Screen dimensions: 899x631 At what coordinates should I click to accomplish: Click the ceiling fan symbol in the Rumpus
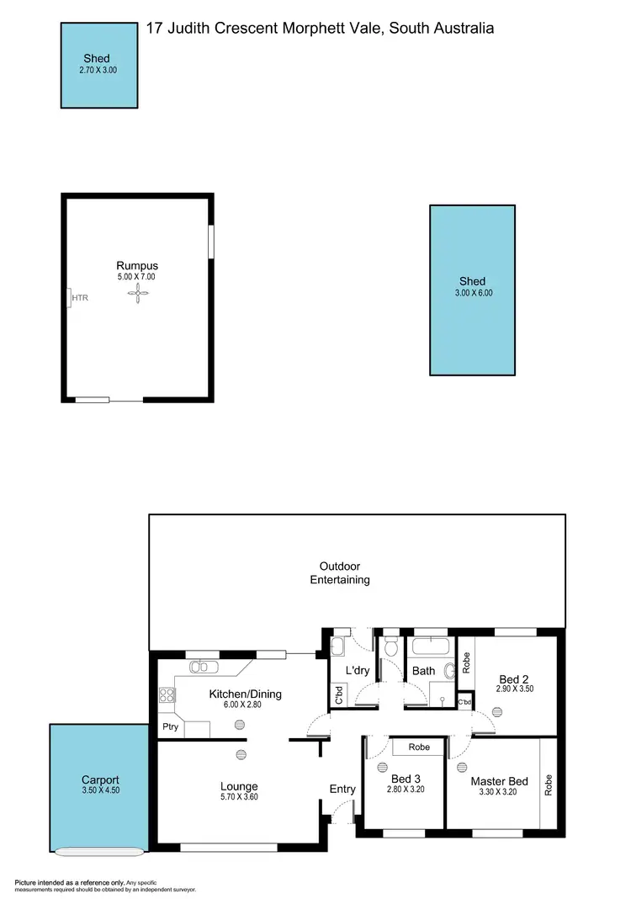click(137, 293)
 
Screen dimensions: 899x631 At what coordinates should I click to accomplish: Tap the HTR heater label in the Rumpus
click(80, 297)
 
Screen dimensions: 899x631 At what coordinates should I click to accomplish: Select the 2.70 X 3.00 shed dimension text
click(93, 71)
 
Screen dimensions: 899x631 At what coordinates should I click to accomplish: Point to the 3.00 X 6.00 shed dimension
click(472, 294)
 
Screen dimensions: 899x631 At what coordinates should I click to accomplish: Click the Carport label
click(100, 779)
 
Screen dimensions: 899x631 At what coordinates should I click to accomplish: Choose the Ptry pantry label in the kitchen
click(170, 726)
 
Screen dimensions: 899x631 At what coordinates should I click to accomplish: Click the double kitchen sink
click(204, 668)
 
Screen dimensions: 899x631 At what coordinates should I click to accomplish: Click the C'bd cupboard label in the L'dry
click(338, 695)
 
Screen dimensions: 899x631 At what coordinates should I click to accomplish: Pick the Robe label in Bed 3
click(418, 747)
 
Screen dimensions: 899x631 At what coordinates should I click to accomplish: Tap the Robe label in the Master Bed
click(549, 785)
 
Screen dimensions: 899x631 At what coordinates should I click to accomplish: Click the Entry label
click(342, 789)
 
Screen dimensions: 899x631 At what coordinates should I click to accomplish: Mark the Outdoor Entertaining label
click(340, 572)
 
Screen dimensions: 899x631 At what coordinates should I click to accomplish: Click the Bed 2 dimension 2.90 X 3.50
click(515, 689)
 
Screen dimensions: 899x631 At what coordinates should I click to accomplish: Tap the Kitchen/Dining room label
click(245, 694)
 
